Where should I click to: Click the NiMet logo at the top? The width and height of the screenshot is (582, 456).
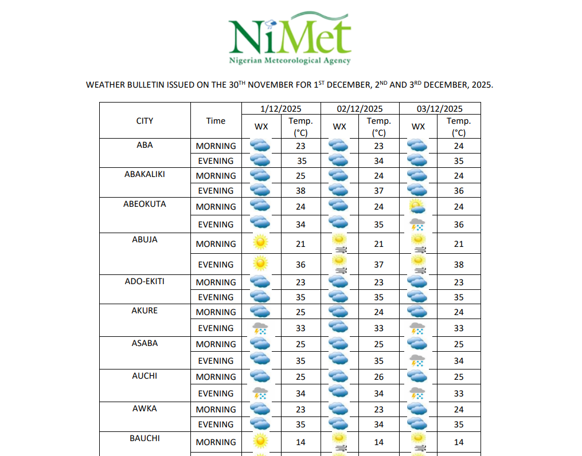pyautogui.click(x=290, y=40)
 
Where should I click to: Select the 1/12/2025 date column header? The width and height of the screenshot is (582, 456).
pyautogui.click(x=281, y=108)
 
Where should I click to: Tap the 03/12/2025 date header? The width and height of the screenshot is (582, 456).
pyautogui.click(x=440, y=108)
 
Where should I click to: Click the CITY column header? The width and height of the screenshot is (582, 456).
pyautogui.click(x=144, y=121)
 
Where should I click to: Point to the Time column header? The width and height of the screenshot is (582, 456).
pyautogui.click(x=216, y=121)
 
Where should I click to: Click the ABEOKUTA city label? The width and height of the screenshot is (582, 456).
pyautogui.click(x=144, y=204)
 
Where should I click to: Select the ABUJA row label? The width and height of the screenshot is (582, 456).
pyautogui.click(x=144, y=239)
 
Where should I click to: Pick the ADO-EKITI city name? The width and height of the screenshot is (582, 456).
pyautogui.click(x=144, y=281)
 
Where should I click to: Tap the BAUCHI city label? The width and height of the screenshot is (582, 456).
pyautogui.click(x=144, y=438)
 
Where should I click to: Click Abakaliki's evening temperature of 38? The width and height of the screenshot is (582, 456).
pyautogui.click(x=300, y=191)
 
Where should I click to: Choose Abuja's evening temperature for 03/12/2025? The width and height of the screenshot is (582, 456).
pyautogui.click(x=458, y=265)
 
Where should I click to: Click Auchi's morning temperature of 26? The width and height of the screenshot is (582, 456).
pyautogui.click(x=378, y=377)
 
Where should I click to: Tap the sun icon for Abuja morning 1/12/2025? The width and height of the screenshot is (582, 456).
pyautogui.click(x=261, y=243)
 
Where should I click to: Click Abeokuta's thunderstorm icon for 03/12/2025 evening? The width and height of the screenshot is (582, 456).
pyautogui.click(x=417, y=224)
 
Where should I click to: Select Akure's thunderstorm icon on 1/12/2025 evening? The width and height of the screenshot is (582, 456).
pyautogui.click(x=261, y=328)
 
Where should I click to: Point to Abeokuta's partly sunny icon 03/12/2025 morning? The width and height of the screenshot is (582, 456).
pyautogui.click(x=417, y=206)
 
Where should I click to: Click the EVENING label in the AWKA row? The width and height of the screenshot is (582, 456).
pyautogui.click(x=216, y=424)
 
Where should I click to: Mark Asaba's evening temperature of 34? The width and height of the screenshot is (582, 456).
pyautogui.click(x=458, y=361)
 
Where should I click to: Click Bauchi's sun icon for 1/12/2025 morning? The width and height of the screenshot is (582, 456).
pyautogui.click(x=261, y=441)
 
